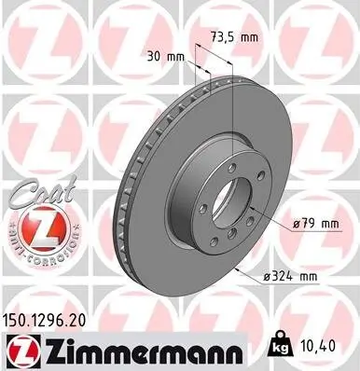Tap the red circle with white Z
(36, 227)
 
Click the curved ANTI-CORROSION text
(36, 254)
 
